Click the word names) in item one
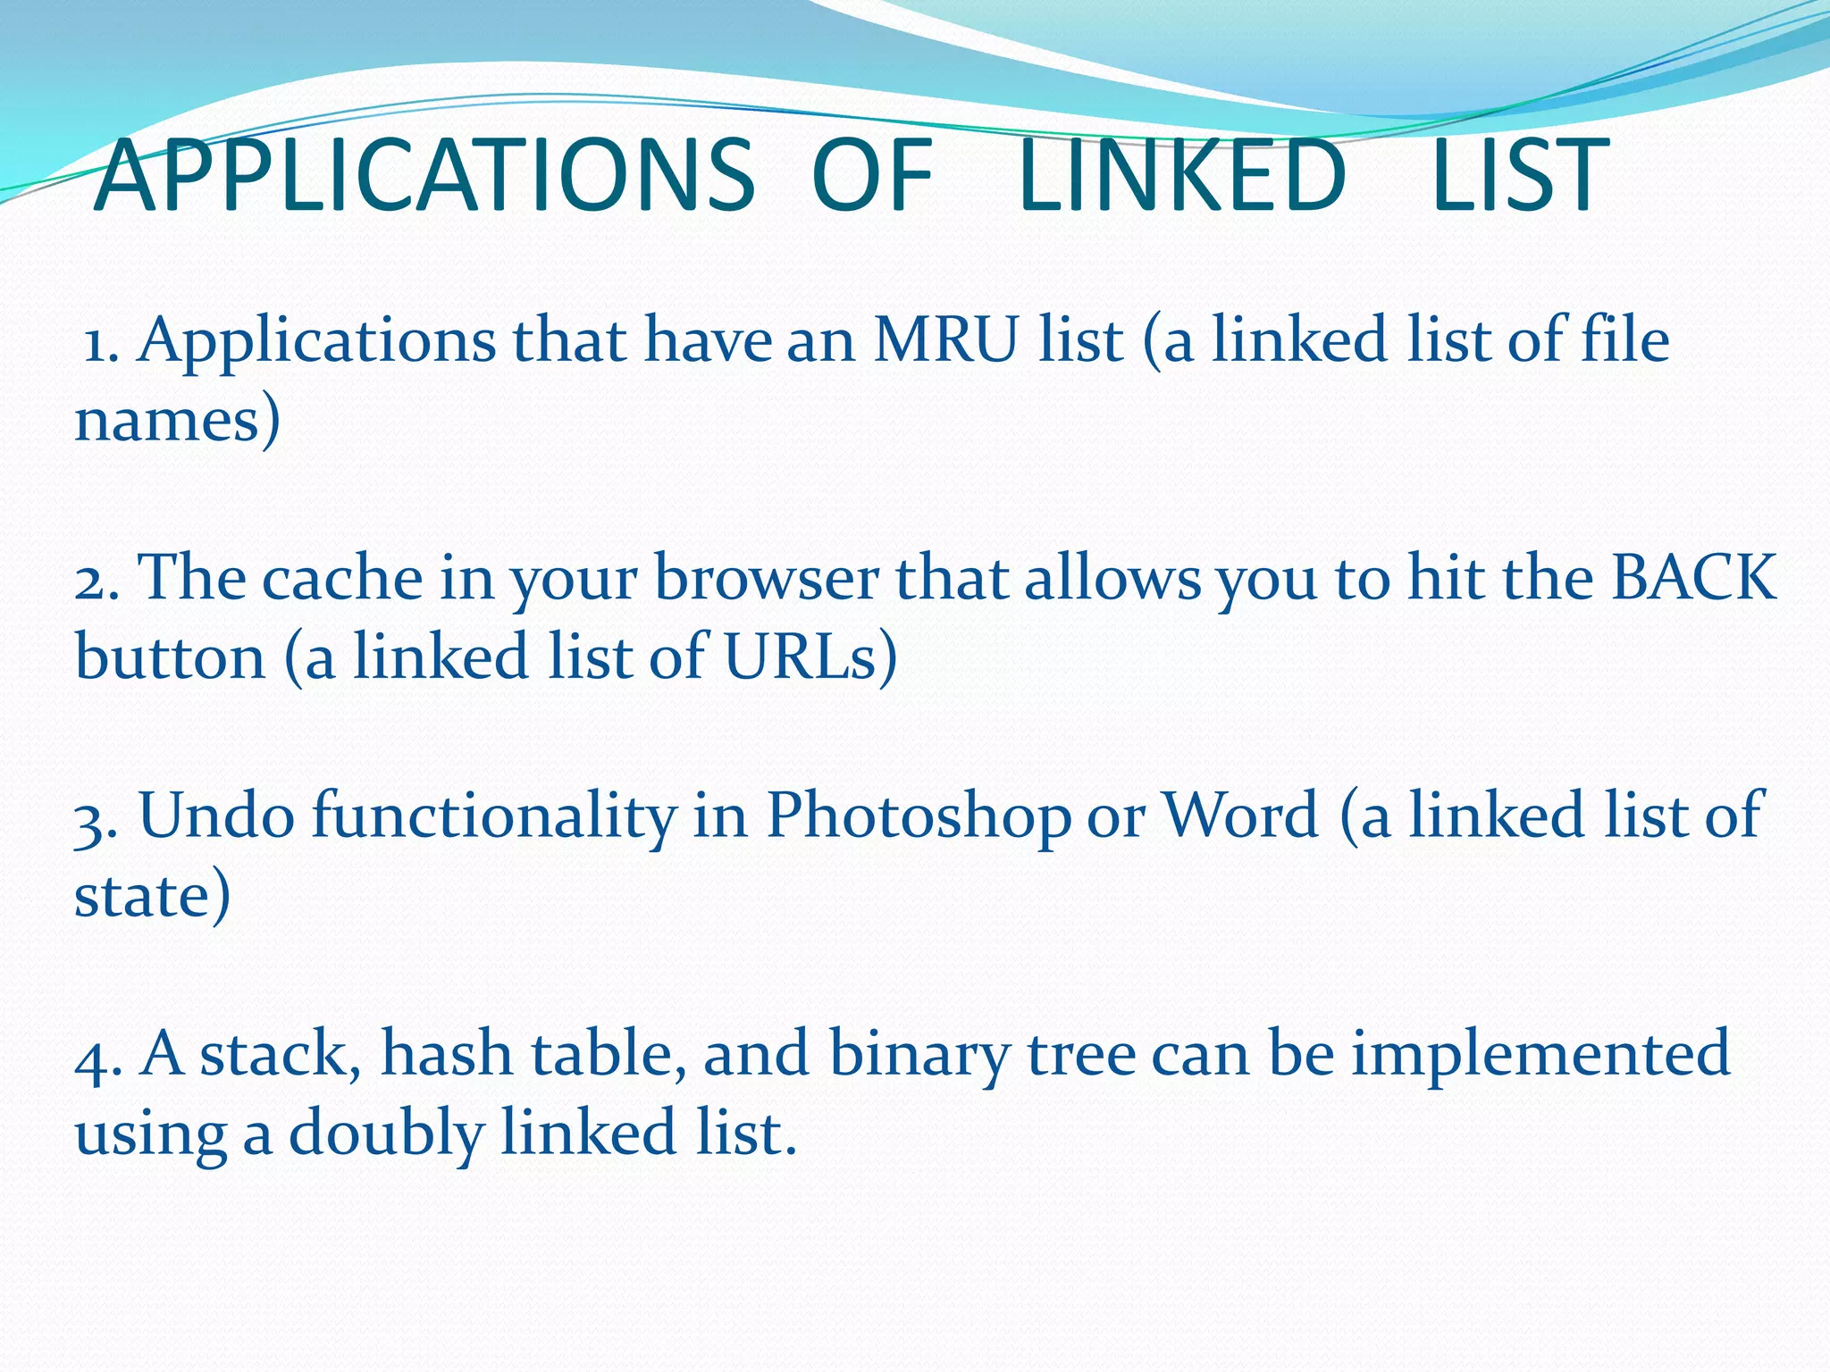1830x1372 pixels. pos(177,420)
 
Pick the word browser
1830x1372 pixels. pos(767,580)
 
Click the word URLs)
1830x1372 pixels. pos(810,657)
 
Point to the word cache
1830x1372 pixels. pos(342,580)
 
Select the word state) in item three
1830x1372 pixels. pos(152,896)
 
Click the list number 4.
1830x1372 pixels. pos(97,1055)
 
